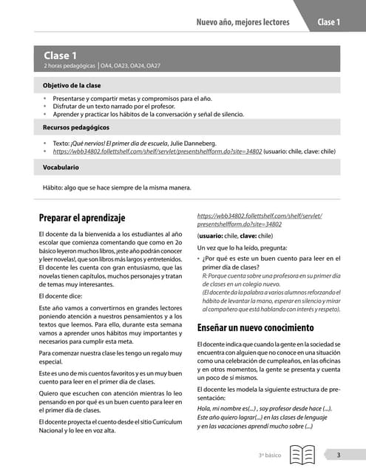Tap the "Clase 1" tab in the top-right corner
point(328,22)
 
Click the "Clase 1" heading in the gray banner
point(60,56)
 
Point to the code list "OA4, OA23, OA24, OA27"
point(131,66)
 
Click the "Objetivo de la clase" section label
point(72,86)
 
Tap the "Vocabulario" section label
point(61,168)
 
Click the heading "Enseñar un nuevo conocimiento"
point(256,327)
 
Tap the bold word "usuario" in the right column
point(214,236)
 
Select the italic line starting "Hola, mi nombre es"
point(264,408)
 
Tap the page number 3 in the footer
point(337,455)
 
